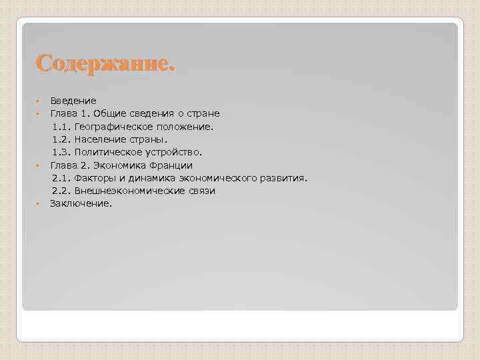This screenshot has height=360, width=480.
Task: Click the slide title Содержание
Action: [x=105, y=63]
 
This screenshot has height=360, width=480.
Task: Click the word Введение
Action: [x=73, y=101]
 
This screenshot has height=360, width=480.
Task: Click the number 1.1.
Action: [x=61, y=126]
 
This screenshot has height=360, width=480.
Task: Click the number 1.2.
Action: [x=61, y=139]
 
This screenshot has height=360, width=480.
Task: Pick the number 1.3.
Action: [x=61, y=152]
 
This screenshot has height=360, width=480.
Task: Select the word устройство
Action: [x=174, y=152]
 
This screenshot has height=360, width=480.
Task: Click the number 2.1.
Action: [x=61, y=178]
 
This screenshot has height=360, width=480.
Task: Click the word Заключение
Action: [x=81, y=203]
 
